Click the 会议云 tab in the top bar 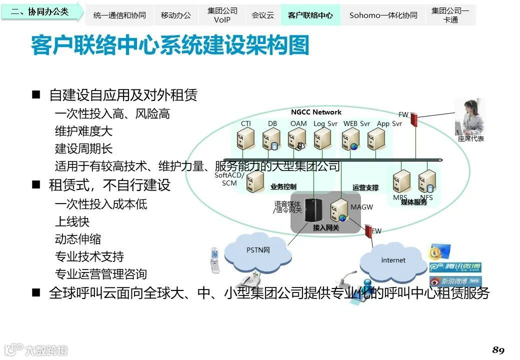click(x=262, y=15)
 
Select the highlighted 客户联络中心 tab click(x=310, y=15)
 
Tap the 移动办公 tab click(x=176, y=15)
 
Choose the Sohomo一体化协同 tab click(x=383, y=15)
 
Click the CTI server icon click(x=246, y=139)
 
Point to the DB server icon click(x=271, y=139)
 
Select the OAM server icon click(x=297, y=139)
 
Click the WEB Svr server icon click(x=351, y=139)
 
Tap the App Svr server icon click(x=375, y=139)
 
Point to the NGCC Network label click(x=316, y=112)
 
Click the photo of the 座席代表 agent click(x=470, y=117)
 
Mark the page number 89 click(x=498, y=349)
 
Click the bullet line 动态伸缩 click(x=78, y=239)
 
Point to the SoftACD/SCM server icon click(x=255, y=181)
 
